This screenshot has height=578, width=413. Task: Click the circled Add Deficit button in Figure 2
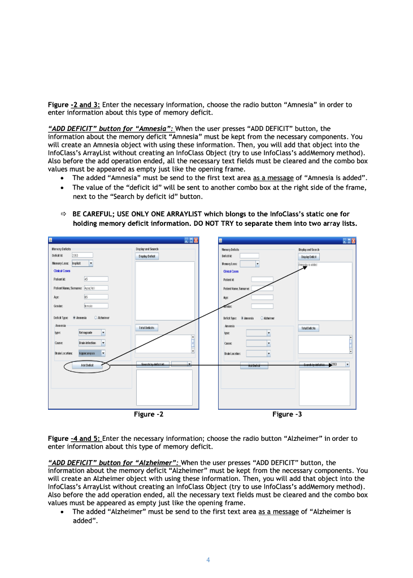pyautogui.click(x=86, y=366)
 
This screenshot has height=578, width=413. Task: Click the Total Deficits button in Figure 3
pyautogui.click(x=308, y=328)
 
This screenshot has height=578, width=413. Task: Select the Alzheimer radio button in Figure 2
pyautogui.click(x=96, y=318)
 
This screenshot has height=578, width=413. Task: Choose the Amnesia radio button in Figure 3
pyautogui.click(x=242, y=318)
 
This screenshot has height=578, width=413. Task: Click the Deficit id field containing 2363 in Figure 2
pyautogui.click(x=81, y=256)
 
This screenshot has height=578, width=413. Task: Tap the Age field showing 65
pyautogui.click(x=95, y=296)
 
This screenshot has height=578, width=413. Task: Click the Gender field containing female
pyautogui.click(x=95, y=306)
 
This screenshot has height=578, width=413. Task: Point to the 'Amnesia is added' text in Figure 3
pyautogui.click(x=308, y=264)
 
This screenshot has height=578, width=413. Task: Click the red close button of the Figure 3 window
pyautogui.click(x=354, y=241)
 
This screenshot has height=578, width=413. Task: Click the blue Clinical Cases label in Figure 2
pyautogui.click(x=62, y=271)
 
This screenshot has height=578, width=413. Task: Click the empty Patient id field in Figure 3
pyautogui.click(x=262, y=279)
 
